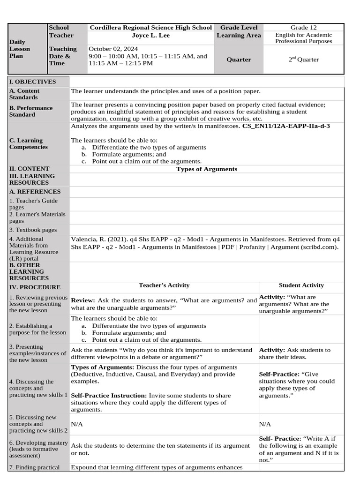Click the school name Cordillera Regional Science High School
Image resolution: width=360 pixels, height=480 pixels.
click(150, 28)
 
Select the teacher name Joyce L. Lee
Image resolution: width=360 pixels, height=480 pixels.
click(151, 35)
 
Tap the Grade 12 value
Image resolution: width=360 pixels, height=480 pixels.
click(303, 28)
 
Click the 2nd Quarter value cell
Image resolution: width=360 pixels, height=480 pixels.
click(303, 60)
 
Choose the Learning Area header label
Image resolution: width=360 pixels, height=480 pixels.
click(239, 35)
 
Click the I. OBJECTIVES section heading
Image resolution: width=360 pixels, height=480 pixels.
click(32, 82)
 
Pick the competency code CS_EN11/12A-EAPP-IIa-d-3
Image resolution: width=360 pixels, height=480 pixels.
click(286, 126)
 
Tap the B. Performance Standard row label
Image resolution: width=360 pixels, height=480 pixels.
click(31, 111)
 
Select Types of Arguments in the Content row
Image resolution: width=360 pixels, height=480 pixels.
click(206, 169)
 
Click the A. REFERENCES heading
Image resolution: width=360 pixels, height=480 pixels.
click(35, 191)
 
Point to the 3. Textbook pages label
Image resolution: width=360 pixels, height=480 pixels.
click(33, 230)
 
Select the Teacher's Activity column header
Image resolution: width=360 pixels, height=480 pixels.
click(164, 285)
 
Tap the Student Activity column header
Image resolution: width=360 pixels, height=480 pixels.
click(301, 285)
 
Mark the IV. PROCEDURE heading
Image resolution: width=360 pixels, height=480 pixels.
click(35, 287)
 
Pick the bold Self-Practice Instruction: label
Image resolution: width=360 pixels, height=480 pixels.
click(109, 396)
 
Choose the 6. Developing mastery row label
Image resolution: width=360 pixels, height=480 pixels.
click(38, 449)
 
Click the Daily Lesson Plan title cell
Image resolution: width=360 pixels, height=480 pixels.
click(20, 49)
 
